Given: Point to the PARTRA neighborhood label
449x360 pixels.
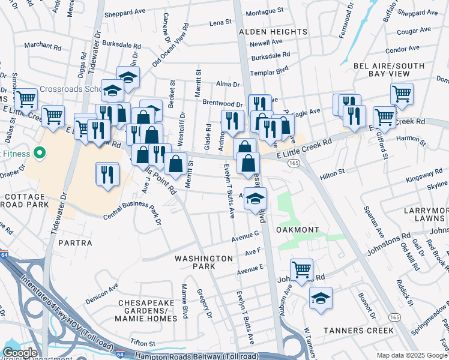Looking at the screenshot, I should tap(76, 243).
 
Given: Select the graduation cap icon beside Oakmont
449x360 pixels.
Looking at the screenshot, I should tap(256, 199).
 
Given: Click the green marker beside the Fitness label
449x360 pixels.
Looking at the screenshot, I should tap(40, 154).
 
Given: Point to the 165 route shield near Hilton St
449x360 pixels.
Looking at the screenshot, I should tap(294, 163).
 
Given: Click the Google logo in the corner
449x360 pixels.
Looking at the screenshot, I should tap(19, 353).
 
